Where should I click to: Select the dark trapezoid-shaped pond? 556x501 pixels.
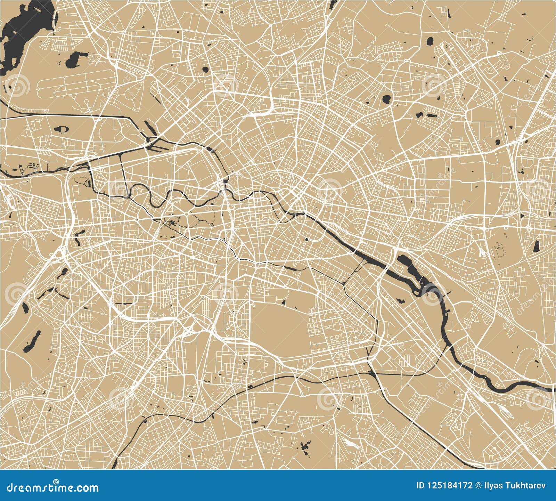537,247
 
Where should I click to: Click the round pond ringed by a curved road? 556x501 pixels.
386,99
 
